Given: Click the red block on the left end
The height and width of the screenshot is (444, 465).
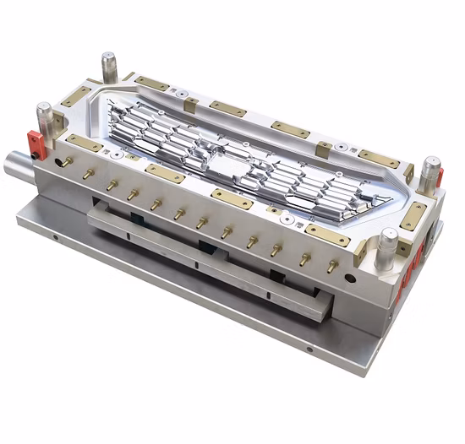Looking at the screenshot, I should [x=34, y=141].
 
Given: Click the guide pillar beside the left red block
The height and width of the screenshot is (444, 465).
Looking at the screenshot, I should [x=45, y=118].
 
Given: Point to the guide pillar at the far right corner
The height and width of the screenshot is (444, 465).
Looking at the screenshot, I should [x=430, y=170].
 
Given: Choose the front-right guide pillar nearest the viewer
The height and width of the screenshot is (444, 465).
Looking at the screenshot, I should [x=387, y=245].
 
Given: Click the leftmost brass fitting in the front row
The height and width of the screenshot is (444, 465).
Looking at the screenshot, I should [x=66, y=160].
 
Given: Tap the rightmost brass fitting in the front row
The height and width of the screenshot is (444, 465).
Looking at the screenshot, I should [x=331, y=265].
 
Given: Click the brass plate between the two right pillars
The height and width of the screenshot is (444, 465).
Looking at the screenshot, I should [x=414, y=214].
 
